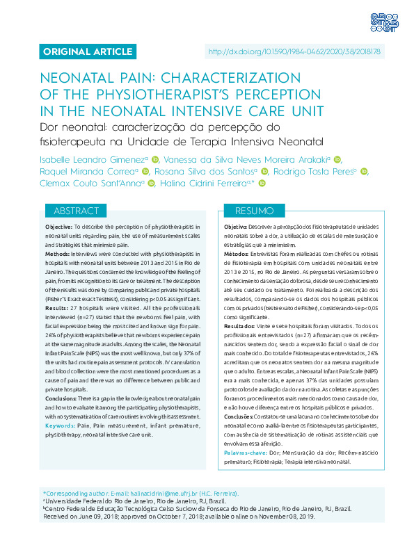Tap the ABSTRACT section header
(76, 210)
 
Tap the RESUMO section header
(254, 210)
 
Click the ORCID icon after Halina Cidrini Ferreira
(262, 184)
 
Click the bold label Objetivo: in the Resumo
(237, 227)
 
